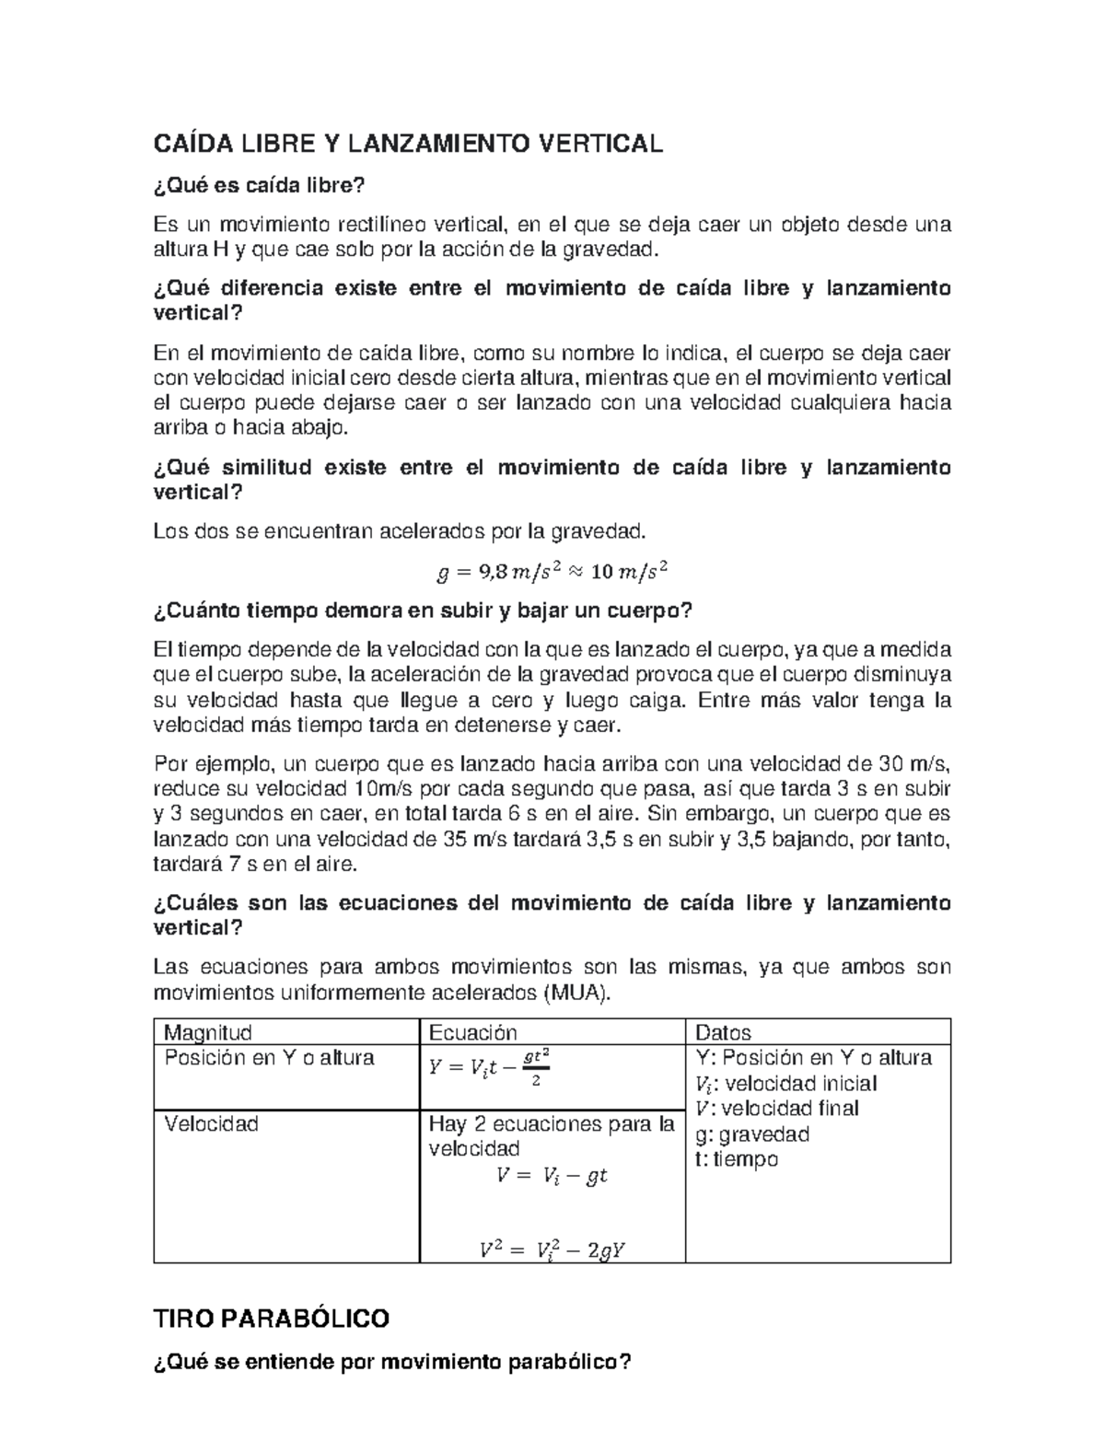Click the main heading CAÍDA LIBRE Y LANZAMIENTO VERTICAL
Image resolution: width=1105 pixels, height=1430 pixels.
(407, 144)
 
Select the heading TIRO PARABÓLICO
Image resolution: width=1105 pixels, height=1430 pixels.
(271, 1319)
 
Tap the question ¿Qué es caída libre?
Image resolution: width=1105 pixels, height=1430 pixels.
(259, 186)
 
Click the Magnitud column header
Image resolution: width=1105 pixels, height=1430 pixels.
(207, 1032)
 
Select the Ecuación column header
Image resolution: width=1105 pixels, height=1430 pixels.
(473, 1032)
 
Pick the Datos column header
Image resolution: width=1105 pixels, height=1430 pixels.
(723, 1032)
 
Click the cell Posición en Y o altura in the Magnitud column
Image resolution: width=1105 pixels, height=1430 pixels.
(269, 1057)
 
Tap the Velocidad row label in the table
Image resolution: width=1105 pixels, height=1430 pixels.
(211, 1123)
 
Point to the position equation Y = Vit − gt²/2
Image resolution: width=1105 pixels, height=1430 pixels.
(489, 1068)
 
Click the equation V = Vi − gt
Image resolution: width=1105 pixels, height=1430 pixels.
(552, 1176)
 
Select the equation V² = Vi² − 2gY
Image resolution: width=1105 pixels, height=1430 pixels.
(552, 1250)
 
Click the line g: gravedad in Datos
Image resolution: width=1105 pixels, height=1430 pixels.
(752, 1134)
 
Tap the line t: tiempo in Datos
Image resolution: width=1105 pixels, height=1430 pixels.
(737, 1159)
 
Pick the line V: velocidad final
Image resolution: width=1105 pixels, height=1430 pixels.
(777, 1109)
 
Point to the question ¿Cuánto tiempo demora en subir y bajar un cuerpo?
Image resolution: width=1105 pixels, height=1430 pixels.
(422, 610)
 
